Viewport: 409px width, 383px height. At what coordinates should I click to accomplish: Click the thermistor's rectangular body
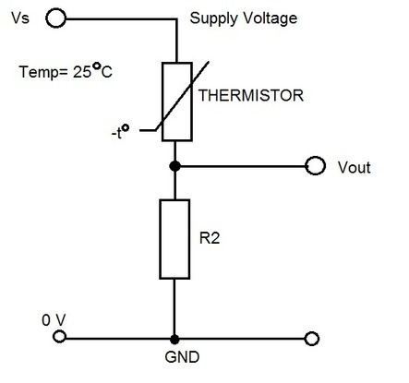[174, 102]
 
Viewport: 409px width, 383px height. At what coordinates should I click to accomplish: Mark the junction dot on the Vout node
[174, 167]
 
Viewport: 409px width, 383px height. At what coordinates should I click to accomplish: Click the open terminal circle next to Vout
[317, 167]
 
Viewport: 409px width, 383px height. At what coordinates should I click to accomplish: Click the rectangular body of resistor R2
[174, 237]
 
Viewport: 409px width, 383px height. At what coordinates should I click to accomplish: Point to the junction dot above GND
[174, 338]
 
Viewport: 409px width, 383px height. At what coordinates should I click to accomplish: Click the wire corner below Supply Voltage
[174, 17]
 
